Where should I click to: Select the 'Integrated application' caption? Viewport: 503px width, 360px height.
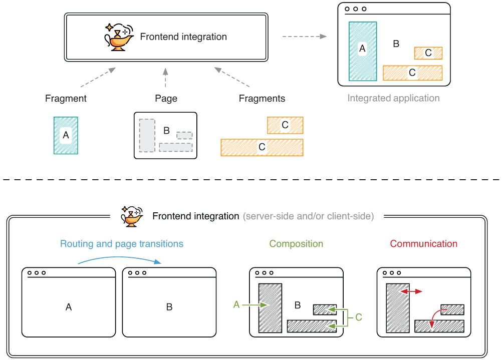393,98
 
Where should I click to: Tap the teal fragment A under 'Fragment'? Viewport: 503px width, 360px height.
66,135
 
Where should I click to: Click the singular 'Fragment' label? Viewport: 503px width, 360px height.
66,99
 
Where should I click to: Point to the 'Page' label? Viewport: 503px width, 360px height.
166,99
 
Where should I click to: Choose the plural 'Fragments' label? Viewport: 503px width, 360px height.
262,99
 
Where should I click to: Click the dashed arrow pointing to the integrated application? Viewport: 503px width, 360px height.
304,37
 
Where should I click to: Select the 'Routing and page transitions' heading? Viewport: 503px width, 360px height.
122,244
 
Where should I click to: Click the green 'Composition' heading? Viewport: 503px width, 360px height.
296,244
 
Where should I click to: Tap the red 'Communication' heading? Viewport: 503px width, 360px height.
423,244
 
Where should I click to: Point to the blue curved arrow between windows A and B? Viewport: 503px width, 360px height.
119,258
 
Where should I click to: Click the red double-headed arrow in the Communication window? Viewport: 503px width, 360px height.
411,291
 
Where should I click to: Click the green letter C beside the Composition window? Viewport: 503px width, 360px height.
359,317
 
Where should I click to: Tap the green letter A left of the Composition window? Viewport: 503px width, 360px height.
236,304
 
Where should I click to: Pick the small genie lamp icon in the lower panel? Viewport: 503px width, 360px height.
131,216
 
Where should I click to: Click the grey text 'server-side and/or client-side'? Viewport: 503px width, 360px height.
308,217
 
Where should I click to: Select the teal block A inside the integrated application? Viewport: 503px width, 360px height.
363,51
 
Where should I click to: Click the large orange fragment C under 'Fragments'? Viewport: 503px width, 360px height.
262,147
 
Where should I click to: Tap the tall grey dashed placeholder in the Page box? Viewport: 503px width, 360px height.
147,135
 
